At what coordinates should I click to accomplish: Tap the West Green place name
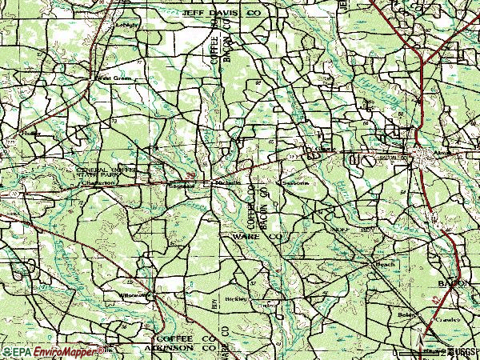click(x=114, y=78)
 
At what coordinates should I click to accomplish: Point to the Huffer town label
click(x=31, y=132)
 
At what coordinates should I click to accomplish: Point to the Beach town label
click(x=386, y=263)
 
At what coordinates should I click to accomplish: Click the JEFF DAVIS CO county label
click(x=210, y=14)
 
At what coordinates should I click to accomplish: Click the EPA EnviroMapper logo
click(x=48, y=351)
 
